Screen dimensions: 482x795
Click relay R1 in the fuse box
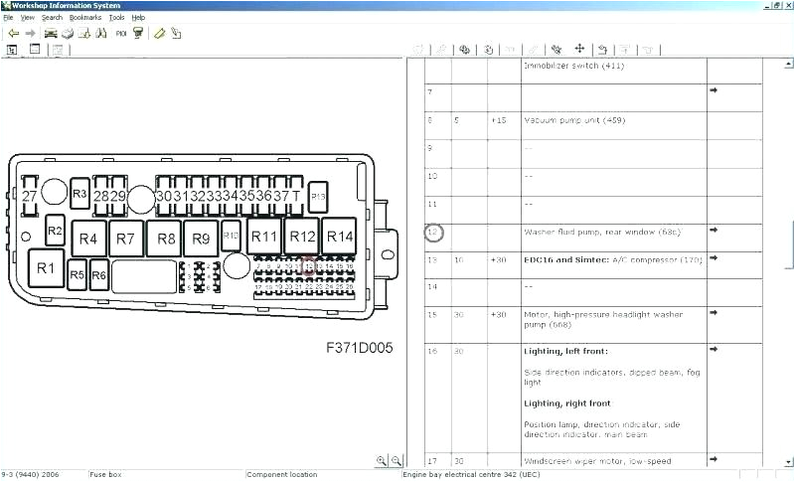tap(46, 267)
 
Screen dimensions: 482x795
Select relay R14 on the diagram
tap(340, 237)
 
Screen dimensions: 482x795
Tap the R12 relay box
tap(302, 237)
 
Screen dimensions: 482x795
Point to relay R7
tap(124, 239)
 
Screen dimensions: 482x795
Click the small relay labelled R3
tap(80, 194)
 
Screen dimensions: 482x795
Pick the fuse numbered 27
tap(30, 196)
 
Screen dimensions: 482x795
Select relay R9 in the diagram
tap(201, 239)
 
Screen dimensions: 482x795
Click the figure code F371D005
tap(360, 348)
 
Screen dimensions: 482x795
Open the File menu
tap(8, 18)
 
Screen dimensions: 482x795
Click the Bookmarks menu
tap(85, 18)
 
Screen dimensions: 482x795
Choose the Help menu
tap(138, 18)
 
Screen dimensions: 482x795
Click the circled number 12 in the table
tap(433, 233)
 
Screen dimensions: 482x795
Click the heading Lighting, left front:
tap(565, 351)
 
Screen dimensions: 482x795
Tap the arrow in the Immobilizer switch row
tap(714, 90)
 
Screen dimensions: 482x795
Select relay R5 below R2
tap(78, 274)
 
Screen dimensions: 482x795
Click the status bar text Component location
tap(282, 475)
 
